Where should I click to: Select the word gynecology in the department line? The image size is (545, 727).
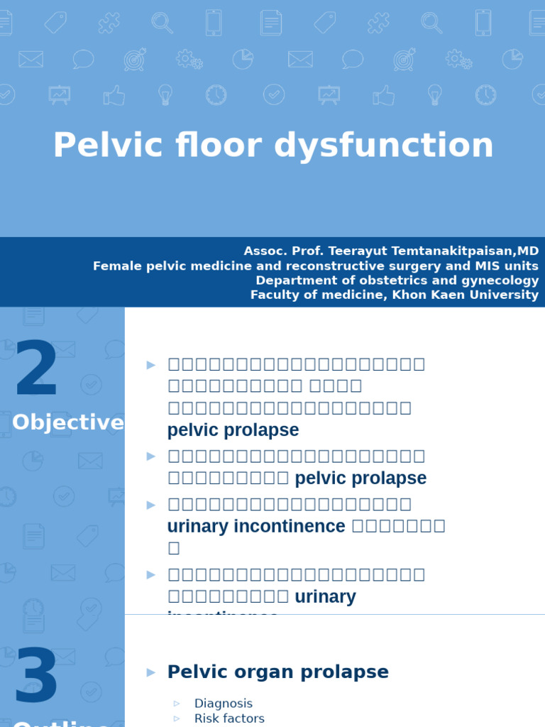(500, 280)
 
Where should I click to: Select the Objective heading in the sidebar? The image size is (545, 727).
(68, 422)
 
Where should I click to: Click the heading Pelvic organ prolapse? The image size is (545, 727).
(277, 672)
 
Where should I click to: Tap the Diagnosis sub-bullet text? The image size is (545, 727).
(223, 703)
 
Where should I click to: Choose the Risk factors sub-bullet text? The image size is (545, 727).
(229, 718)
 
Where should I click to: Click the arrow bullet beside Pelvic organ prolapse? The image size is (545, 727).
(150, 672)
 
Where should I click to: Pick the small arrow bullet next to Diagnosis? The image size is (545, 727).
(177, 704)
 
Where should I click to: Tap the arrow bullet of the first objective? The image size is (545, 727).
(150, 365)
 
